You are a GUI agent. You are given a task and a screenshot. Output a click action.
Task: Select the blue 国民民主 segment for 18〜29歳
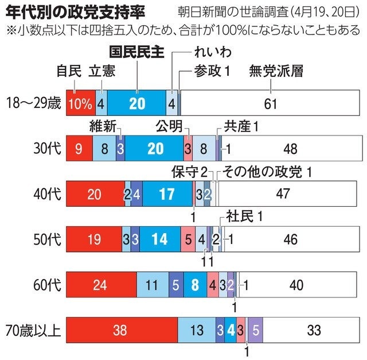136,103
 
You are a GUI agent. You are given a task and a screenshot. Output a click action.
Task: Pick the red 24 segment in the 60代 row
101,284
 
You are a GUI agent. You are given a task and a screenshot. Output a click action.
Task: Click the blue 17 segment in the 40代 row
167,194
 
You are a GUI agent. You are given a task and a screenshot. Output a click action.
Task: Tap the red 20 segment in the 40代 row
95,194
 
